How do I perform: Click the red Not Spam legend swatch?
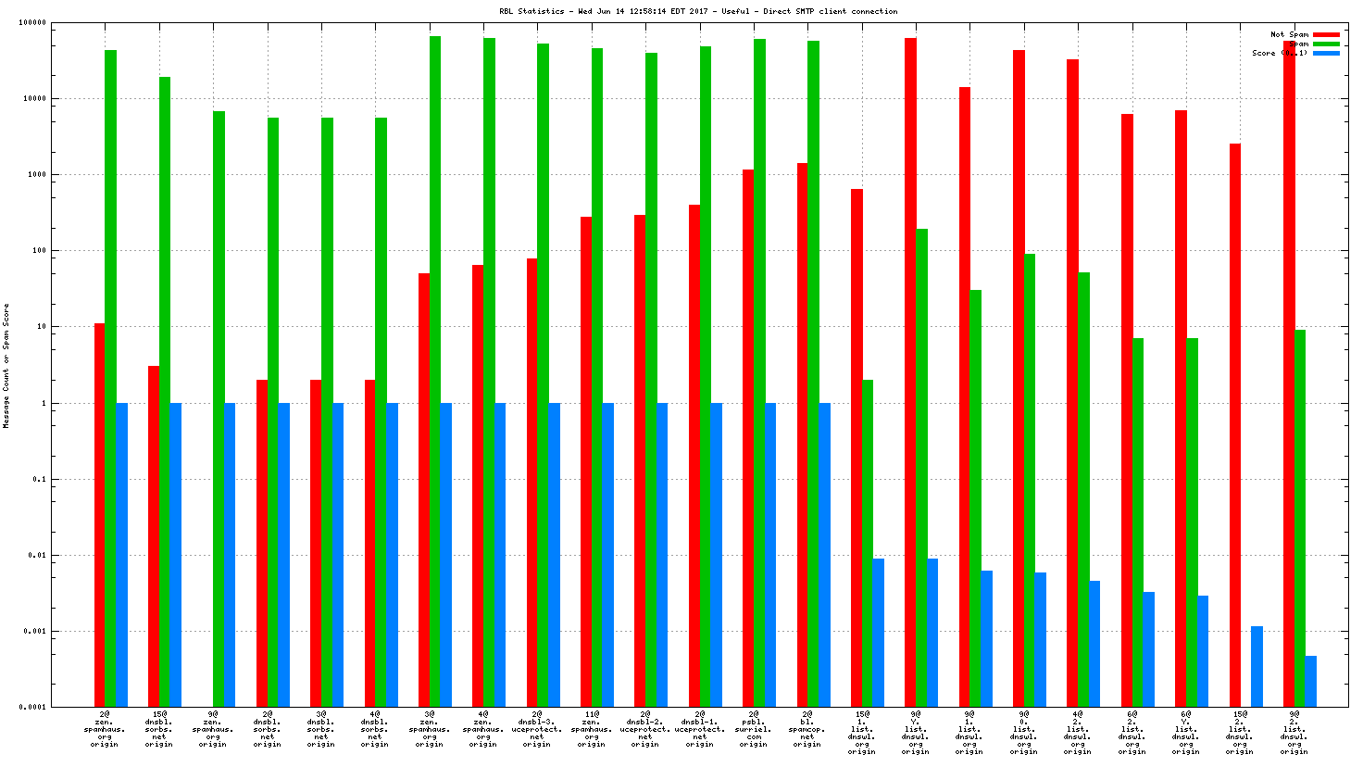coord(1326,34)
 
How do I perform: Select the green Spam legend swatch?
coord(1326,44)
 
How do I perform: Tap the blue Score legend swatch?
coord(1326,53)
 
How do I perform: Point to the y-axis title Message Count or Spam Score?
coord(6,365)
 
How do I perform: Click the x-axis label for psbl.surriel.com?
coord(754,729)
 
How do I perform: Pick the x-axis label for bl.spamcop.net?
coord(807,729)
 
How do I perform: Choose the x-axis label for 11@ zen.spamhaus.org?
coord(592,729)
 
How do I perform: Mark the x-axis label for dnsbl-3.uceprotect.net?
coord(537,729)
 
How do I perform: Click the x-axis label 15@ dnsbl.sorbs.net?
coord(159,729)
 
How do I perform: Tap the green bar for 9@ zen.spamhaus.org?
coord(219,409)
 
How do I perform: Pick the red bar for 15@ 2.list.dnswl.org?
coord(1234,425)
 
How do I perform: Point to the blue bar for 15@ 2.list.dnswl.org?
coord(1257,667)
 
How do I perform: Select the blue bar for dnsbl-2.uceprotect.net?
coord(662,555)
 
